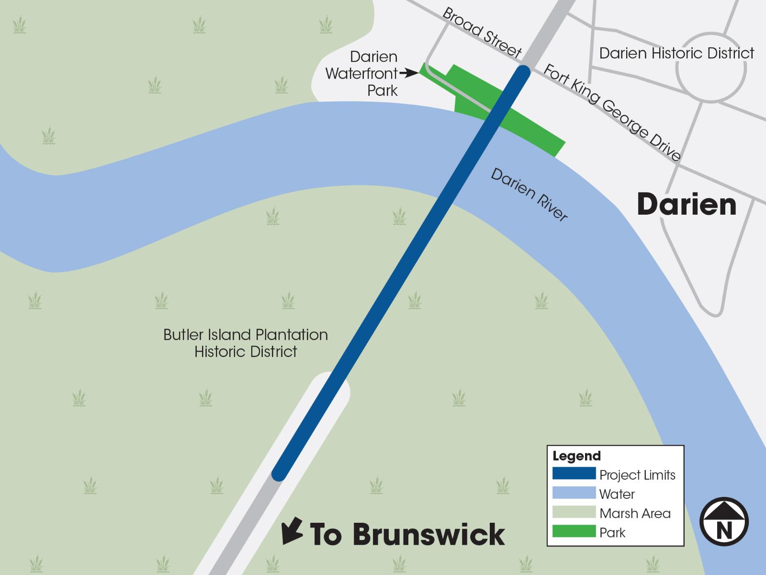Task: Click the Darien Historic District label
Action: [676, 53]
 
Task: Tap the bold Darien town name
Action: [687, 205]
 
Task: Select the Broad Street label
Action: [481, 33]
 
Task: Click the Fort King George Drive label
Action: [612, 112]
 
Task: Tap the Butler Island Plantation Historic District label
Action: [246, 343]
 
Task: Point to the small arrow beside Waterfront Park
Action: [410, 73]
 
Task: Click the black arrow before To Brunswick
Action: [292, 530]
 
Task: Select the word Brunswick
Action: [429, 534]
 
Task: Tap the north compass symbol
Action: [724, 521]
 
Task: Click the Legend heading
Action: [576, 456]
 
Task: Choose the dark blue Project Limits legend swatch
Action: [574, 474]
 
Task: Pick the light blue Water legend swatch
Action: [574, 493]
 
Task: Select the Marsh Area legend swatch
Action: [574, 512]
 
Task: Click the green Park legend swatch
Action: [574, 531]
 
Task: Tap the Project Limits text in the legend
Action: [637, 475]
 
